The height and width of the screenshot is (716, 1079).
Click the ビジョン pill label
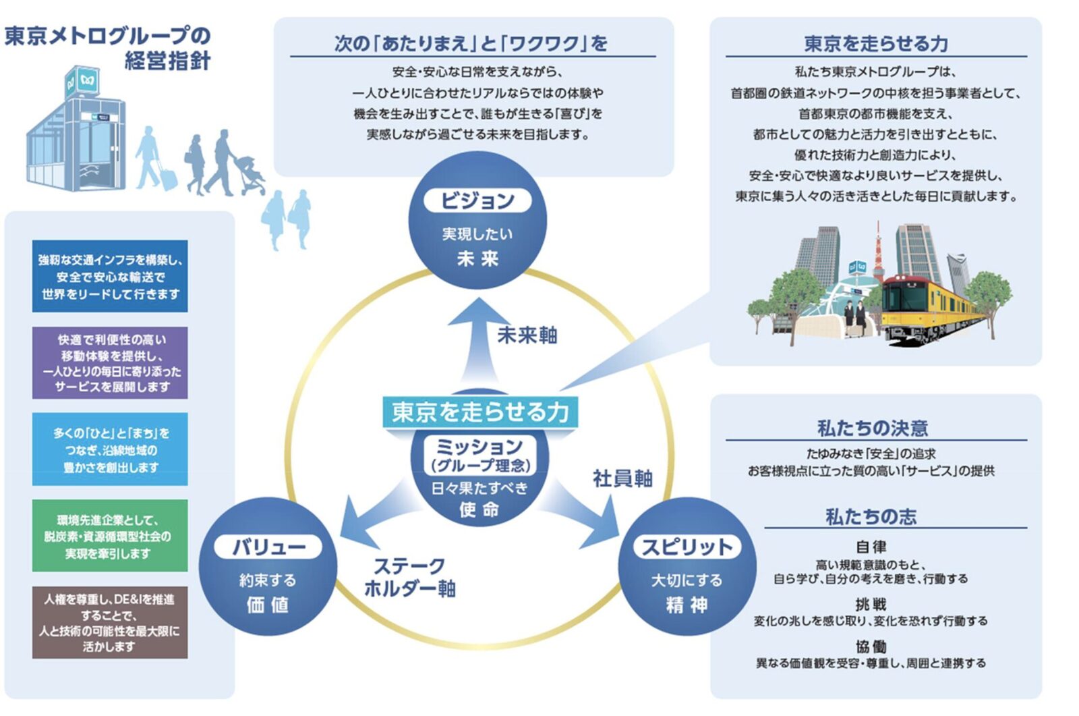point(477,200)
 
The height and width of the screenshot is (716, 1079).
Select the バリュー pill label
point(269,547)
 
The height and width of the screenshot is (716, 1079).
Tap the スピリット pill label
point(687,547)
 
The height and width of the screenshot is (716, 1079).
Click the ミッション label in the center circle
point(479,447)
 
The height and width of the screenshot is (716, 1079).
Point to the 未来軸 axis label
point(527,335)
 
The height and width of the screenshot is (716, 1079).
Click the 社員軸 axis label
point(622,478)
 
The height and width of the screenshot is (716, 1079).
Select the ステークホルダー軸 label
point(410,577)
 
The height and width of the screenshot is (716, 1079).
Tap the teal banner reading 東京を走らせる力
point(480,412)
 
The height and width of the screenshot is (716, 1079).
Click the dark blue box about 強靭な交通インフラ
point(110,277)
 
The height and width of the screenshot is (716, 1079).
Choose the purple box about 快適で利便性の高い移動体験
point(110,363)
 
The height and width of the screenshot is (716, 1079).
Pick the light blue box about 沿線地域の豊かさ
point(110,449)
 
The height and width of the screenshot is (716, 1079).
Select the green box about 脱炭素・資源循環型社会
point(110,536)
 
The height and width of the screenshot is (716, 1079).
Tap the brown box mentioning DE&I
point(110,622)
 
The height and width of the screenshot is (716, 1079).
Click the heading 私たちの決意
point(872,428)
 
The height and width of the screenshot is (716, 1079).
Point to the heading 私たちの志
point(871,517)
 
